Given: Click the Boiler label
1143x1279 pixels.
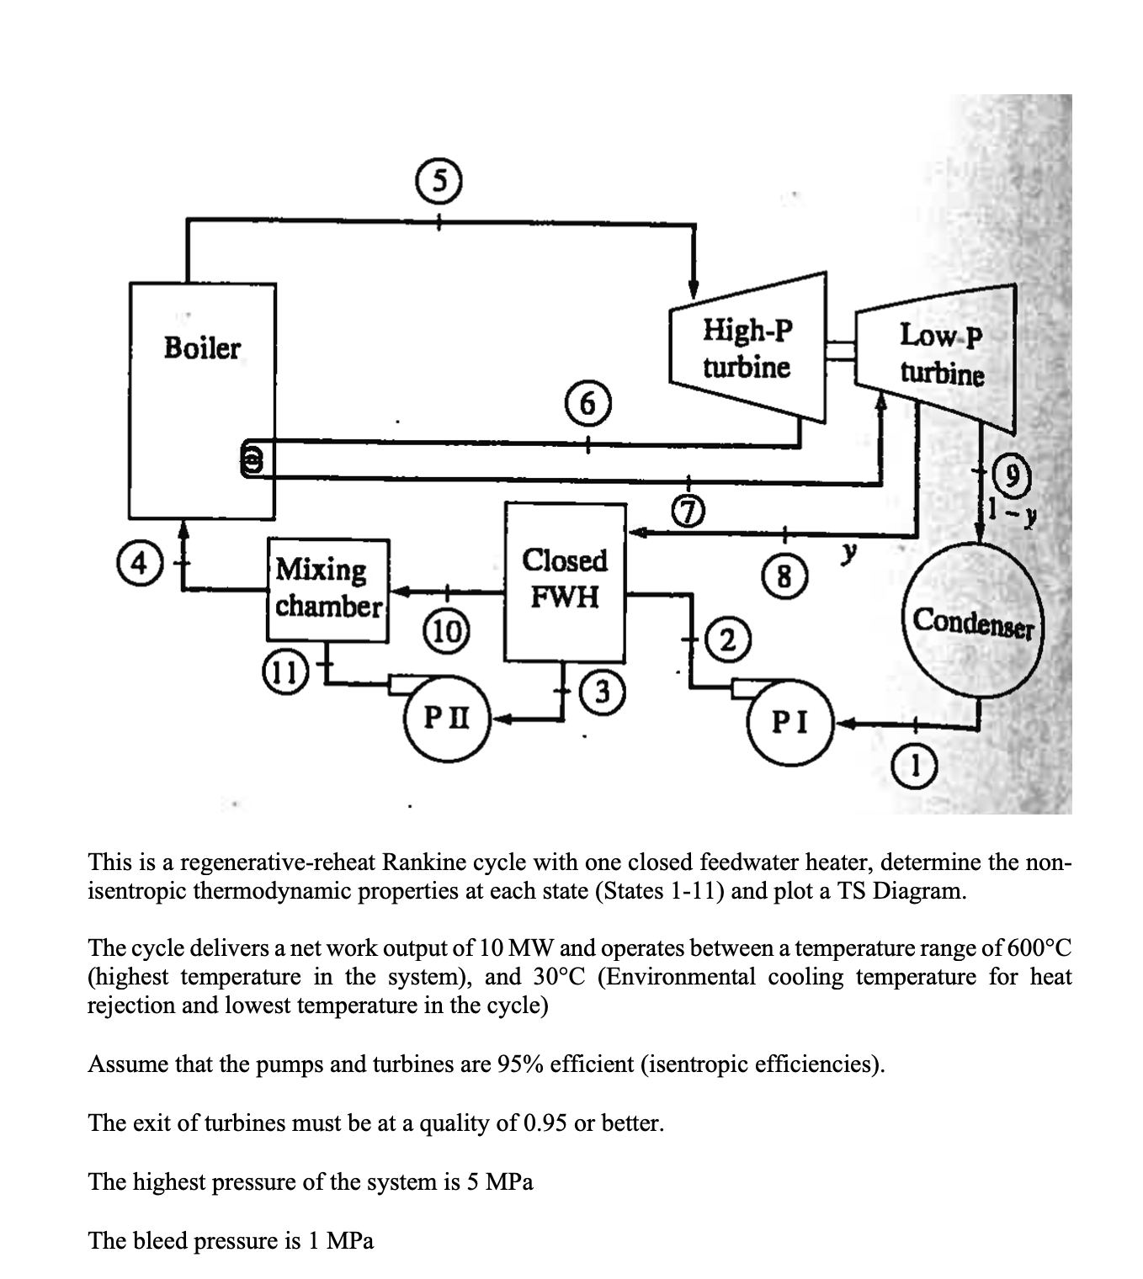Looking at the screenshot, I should (202, 348).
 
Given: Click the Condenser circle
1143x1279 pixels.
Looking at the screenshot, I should (973, 621).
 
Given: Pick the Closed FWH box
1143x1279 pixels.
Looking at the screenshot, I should (564, 581).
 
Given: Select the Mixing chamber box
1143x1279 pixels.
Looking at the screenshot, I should (328, 589).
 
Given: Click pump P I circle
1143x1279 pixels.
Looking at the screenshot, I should (791, 721).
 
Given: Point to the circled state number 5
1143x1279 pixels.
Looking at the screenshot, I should (436, 178).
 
